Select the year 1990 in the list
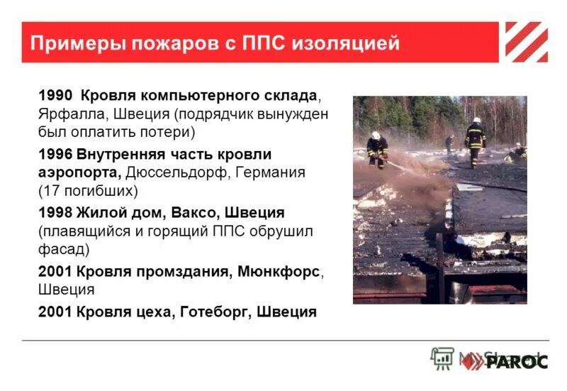(55, 96)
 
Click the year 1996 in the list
(55, 154)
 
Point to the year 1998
(55, 213)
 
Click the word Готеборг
(213, 312)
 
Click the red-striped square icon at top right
(526, 42)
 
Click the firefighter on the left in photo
(377, 149)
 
